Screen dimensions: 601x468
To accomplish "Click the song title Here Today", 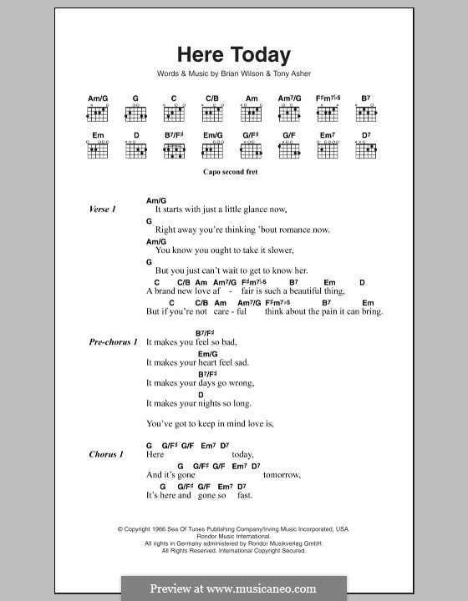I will [x=233, y=56].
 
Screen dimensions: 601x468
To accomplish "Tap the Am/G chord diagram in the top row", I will [x=99, y=113].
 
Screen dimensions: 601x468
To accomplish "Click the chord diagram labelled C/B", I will [x=212, y=113].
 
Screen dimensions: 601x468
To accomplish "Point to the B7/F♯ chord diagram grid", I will [x=175, y=151].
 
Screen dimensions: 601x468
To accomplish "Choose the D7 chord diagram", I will [x=365, y=151].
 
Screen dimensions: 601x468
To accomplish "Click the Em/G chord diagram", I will [x=213, y=151].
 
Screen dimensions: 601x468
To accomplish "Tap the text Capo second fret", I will [x=233, y=172].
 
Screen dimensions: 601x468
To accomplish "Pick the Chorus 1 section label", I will [x=106, y=454].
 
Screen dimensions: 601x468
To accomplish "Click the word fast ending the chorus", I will [x=244, y=496].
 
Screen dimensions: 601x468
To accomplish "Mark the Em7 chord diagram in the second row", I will [x=327, y=151].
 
